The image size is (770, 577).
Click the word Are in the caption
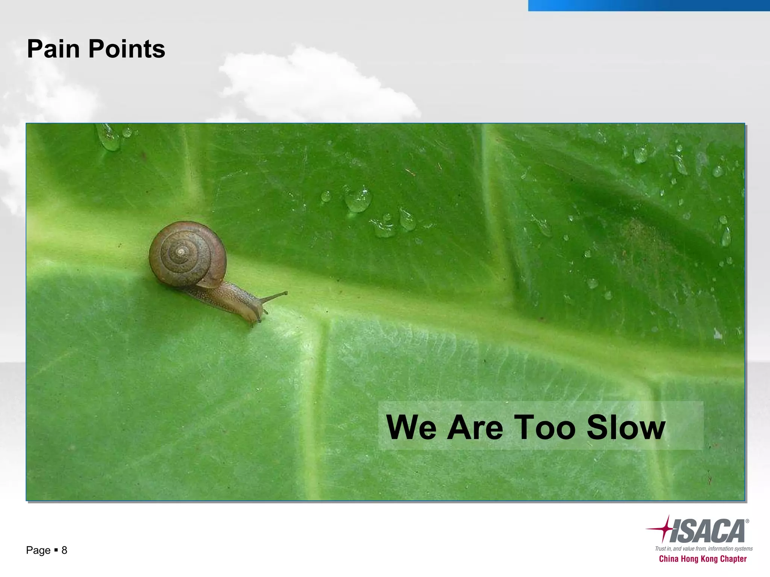pyautogui.click(x=475, y=427)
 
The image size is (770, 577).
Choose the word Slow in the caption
pyautogui.click(x=626, y=427)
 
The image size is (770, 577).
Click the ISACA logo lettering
pyautogui.click(x=707, y=531)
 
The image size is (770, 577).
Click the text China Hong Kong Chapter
pyautogui.click(x=703, y=559)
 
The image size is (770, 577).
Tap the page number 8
pyautogui.click(x=64, y=550)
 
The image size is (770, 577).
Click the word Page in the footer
pyautogui.click(x=38, y=550)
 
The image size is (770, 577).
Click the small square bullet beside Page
pyautogui.click(x=56, y=550)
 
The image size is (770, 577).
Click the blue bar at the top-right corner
pyautogui.click(x=649, y=5)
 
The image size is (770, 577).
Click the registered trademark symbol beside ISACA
pyautogui.click(x=747, y=521)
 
